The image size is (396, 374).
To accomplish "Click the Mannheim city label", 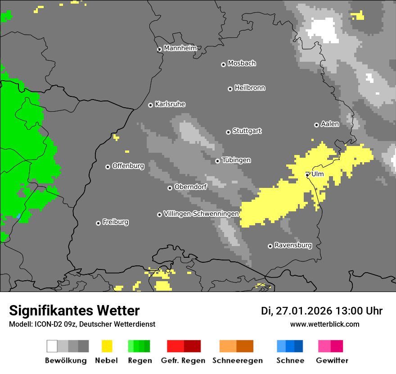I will coord(180,48).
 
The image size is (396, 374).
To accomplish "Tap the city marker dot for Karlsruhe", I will coord(151,105).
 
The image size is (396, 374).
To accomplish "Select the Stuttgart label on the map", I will coord(247,131).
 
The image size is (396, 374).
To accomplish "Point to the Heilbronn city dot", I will coord(230,89).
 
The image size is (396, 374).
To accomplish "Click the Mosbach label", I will coord(242,64).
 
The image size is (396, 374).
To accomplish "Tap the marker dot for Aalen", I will coord(316,125).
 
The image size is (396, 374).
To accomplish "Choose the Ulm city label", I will coord(317,174).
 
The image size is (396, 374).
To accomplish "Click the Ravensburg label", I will coord(293,246).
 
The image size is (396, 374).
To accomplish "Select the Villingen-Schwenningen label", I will coord(201,214).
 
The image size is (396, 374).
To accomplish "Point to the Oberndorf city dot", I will coord(170,188).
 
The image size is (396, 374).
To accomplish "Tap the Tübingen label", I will coord(236,160).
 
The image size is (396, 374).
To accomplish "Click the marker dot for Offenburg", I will coord(108,167).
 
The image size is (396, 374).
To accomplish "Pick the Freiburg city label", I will coord(115,222).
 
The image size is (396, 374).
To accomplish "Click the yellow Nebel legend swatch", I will coord(107,346).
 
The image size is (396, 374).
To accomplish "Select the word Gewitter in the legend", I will coord(332,360).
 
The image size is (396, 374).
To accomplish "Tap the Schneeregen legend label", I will coord(238,360).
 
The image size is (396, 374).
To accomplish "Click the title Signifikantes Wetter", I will coord(74,310).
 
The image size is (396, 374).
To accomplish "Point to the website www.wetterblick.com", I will coord(324,324).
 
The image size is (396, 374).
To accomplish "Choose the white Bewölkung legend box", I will coord(52,346).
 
